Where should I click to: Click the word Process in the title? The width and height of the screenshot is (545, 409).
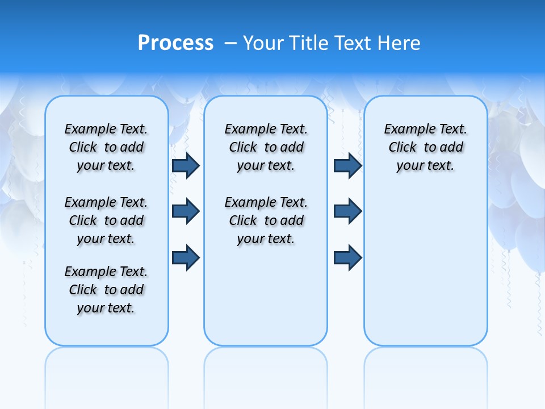[x=175, y=43]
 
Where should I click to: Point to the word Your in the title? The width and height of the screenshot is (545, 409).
[x=264, y=43]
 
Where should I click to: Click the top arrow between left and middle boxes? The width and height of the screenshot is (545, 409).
[x=186, y=166]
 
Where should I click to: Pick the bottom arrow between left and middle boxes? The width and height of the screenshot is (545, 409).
[x=186, y=258]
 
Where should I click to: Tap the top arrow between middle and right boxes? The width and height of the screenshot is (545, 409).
[x=347, y=166]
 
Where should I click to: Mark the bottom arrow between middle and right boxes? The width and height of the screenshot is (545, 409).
[x=347, y=258]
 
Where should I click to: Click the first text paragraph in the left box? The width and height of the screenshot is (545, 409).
[x=106, y=147]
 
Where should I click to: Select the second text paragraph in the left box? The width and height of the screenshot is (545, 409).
[x=106, y=220]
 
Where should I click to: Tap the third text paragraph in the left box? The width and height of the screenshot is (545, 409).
[x=106, y=290]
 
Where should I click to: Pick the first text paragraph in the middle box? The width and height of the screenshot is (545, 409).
[x=266, y=147]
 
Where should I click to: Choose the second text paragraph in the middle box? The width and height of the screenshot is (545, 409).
[x=266, y=220]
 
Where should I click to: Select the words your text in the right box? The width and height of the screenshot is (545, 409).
[x=425, y=166]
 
